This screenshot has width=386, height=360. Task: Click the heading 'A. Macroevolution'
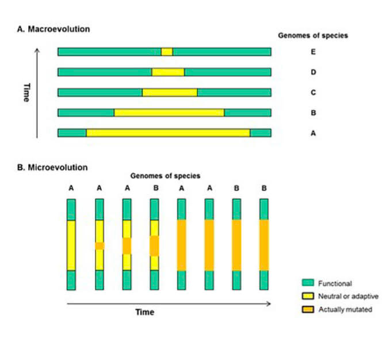coord(53,29)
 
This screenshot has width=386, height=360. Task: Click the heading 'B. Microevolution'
coord(52,168)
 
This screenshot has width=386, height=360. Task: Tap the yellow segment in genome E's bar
coord(167,52)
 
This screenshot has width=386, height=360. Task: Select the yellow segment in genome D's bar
coord(168,72)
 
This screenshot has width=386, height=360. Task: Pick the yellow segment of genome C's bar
coord(170,92)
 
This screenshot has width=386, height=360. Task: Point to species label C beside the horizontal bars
coord(313,93)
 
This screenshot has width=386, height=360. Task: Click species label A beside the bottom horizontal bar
coord(313,132)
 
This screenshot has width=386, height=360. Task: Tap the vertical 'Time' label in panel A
coord(26,92)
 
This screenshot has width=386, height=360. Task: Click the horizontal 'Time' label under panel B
coord(144,312)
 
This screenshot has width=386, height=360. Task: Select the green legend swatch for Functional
coord(308,283)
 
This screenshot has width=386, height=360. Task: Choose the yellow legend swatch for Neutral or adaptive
coord(308,296)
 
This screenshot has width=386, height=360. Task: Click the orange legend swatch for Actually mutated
coord(308,309)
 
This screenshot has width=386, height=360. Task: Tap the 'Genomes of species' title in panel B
coord(166,176)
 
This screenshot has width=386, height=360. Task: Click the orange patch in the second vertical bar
coord(100,245)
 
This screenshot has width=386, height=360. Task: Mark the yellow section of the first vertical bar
coord(71,245)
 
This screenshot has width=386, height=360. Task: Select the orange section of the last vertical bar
coord(264,245)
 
